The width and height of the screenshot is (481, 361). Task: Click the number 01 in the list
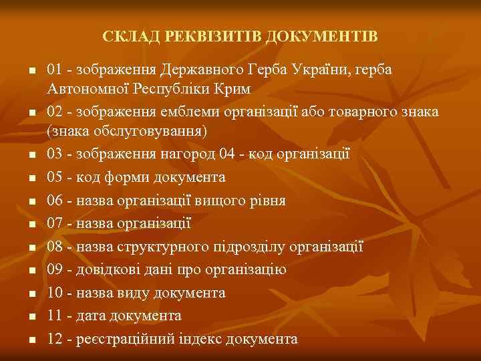[x=56, y=70]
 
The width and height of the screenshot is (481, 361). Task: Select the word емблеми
[x=188, y=111]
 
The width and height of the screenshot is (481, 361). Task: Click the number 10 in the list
[x=56, y=293]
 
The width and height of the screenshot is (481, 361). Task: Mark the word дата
[x=92, y=316]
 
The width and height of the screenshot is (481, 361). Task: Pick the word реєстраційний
[x=127, y=339]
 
